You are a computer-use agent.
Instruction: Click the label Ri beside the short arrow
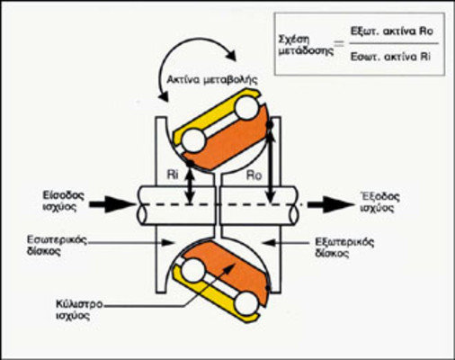172,175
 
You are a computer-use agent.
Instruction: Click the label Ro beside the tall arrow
254,175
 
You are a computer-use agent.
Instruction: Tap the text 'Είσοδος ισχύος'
63,202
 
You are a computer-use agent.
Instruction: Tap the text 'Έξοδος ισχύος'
379,202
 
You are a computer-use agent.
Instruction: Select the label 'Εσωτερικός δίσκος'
57,245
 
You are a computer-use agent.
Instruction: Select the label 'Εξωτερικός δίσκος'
344,247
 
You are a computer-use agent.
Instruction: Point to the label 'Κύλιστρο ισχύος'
79,310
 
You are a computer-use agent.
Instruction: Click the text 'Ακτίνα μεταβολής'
212,80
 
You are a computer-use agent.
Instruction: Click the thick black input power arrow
112,204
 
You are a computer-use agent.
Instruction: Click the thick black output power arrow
331,204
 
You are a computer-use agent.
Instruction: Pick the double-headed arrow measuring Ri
190,185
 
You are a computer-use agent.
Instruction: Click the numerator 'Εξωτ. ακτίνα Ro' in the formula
392,31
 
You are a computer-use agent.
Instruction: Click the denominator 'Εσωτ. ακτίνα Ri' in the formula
390,57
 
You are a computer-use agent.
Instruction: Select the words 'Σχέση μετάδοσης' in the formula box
306,45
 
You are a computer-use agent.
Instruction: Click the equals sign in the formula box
339,44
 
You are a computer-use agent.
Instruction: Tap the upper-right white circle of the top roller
246,108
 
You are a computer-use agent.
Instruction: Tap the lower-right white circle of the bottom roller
246,303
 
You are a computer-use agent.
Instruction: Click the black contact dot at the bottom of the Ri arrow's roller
190,164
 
